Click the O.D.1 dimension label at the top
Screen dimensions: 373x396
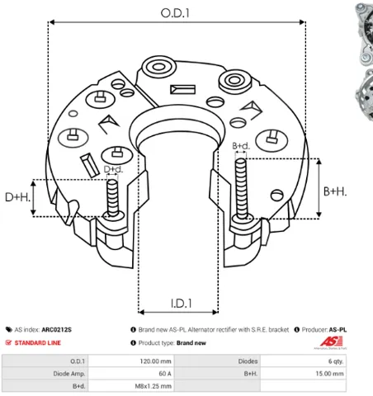pyautogui.click(x=175, y=13)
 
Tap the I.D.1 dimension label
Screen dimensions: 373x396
pyautogui.click(x=181, y=304)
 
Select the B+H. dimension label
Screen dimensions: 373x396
pyautogui.click(x=335, y=191)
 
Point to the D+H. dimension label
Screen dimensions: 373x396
pyautogui.click(x=17, y=197)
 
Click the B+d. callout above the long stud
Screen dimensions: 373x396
pyautogui.click(x=241, y=146)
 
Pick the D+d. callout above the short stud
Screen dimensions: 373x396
pyautogui.click(x=113, y=169)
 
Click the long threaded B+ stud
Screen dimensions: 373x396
pyautogui.click(x=241, y=189)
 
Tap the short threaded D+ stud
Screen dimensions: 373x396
pyautogui.click(x=112, y=197)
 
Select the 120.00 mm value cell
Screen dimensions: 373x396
pyautogui.click(x=155, y=361)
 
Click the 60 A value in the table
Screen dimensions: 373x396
pyautogui.click(x=165, y=374)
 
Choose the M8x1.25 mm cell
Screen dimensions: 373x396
pyautogui.click(x=153, y=386)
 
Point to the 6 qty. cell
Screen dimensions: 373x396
pyautogui.click(x=336, y=361)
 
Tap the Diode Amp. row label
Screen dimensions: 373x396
pyautogui.click(x=69, y=374)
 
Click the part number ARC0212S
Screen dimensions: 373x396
pyautogui.click(x=56, y=329)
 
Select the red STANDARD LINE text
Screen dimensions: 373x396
pyautogui.click(x=38, y=342)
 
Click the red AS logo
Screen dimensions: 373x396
pyautogui.click(x=331, y=342)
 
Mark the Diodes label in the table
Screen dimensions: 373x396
pyautogui.click(x=248, y=361)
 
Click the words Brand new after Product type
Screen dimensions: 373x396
pyautogui.click(x=191, y=343)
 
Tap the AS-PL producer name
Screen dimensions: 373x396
pyautogui.click(x=338, y=329)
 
